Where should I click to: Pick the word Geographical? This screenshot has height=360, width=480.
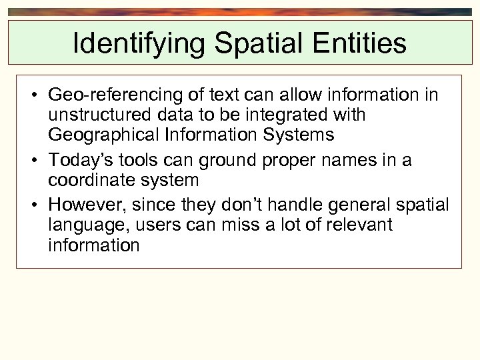(102, 135)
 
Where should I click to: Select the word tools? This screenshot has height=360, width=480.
(134, 161)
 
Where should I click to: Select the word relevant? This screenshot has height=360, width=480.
(357, 225)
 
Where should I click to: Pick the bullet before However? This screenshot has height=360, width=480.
(33, 205)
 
